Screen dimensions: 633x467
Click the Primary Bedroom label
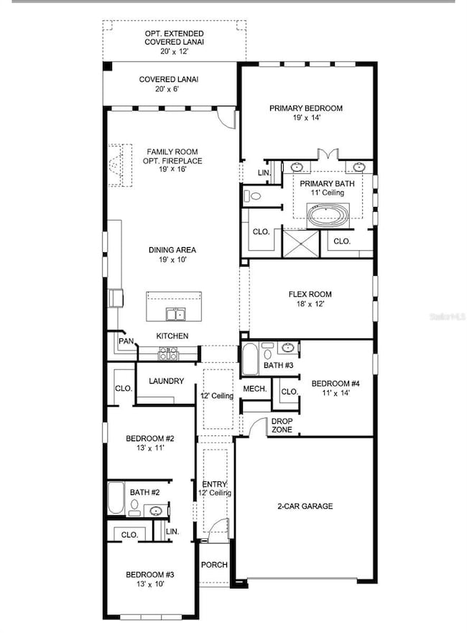(x=306, y=108)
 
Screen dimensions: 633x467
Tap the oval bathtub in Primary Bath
(x=328, y=214)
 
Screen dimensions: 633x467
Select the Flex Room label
(x=310, y=294)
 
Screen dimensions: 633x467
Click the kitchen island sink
(x=173, y=313)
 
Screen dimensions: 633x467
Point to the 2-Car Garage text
(x=305, y=507)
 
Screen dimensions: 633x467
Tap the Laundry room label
(x=166, y=382)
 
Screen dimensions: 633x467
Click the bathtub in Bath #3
(x=250, y=359)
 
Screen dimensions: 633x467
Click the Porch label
(x=214, y=565)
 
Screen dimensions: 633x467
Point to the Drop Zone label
(x=281, y=426)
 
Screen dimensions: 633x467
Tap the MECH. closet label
(x=255, y=389)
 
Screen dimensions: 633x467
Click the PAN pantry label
(x=127, y=341)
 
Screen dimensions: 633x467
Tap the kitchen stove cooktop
(x=167, y=353)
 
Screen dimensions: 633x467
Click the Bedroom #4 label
(x=335, y=384)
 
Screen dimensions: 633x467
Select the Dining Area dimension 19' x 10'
(x=172, y=260)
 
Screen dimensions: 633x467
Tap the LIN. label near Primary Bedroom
(x=263, y=173)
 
